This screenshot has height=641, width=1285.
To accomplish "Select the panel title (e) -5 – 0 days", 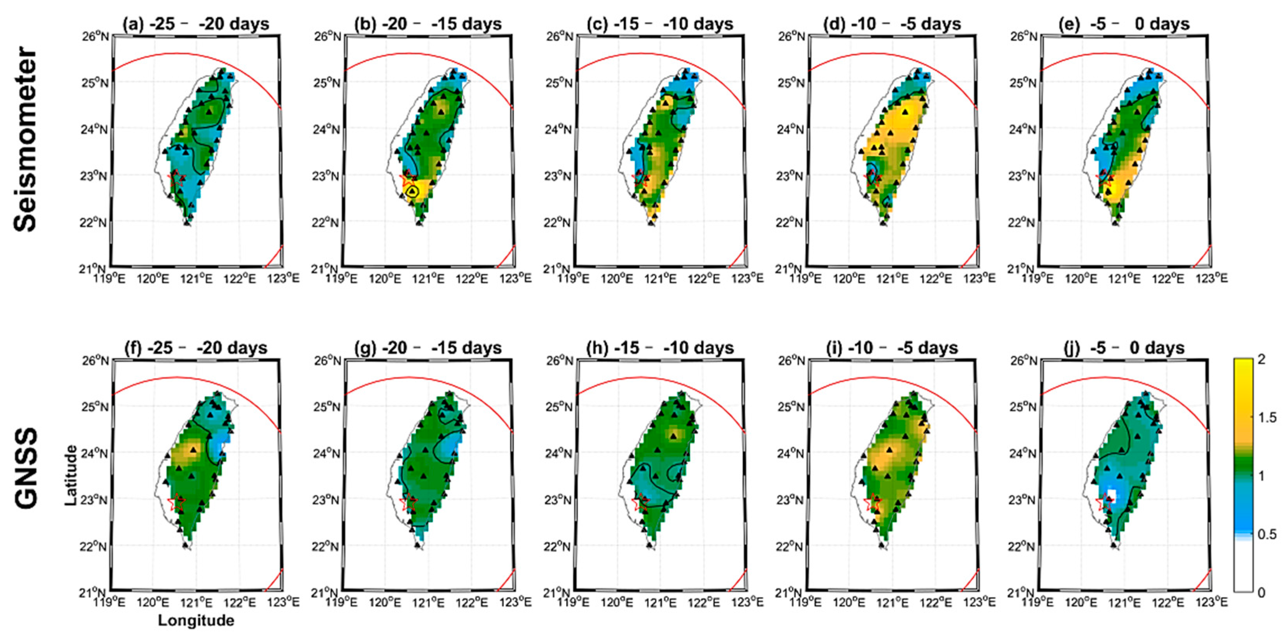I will [1123, 24].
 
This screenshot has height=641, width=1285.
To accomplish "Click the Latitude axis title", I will [71, 476].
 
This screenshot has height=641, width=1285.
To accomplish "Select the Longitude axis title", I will [196, 620].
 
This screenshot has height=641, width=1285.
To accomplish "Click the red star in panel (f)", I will [176, 503].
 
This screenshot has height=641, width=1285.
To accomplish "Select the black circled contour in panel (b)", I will [412, 191].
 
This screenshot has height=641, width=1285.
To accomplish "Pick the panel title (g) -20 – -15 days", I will [428, 347].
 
